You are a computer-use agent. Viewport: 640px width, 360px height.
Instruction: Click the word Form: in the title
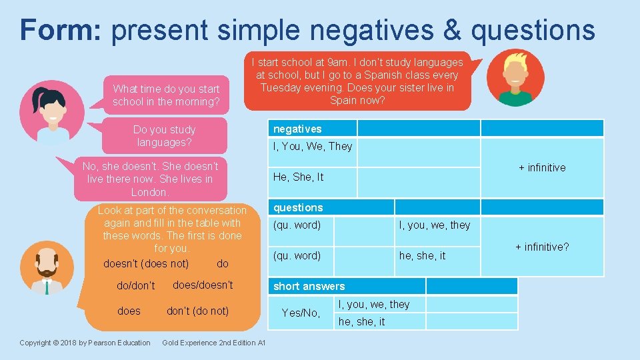61,30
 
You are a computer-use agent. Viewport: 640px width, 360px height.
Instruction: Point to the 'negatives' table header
297,129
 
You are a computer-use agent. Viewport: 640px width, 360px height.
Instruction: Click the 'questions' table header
298,207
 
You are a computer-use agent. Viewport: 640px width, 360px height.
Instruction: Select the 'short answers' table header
309,286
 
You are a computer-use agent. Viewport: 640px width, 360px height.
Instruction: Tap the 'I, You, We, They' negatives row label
313,146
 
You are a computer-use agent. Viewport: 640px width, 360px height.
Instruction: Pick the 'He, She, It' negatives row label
298,177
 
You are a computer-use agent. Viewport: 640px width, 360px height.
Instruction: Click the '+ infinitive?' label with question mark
542,247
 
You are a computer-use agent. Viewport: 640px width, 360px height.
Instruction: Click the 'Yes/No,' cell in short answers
301,313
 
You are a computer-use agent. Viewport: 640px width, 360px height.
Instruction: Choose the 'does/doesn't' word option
203,285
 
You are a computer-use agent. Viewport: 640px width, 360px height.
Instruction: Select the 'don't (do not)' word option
197,311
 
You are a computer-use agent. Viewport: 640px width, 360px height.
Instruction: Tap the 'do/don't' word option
136,285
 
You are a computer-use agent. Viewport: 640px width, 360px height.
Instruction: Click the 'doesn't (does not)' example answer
146,263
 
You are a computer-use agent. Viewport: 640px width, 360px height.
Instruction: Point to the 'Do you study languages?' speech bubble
164,135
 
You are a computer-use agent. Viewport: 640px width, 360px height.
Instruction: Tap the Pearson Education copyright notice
85,343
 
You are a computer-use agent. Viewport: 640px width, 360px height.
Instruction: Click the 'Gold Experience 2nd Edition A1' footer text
214,343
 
